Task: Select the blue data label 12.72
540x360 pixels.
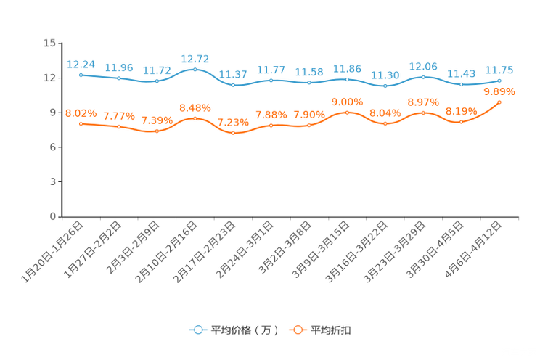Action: (195, 59)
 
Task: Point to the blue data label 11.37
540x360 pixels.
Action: (232, 74)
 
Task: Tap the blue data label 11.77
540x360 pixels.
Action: (271, 70)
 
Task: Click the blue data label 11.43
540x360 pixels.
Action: (461, 73)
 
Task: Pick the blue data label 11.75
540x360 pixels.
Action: (499, 70)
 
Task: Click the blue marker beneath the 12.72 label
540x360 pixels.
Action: (195, 69)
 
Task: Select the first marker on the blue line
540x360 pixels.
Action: (81, 75)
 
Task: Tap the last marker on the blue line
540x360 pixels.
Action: (499, 80)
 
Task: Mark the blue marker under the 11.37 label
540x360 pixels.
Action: (232, 84)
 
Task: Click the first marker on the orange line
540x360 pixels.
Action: (81, 123)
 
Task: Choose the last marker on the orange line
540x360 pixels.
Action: (499, 102)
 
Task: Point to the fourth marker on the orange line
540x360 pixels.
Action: (195, 118)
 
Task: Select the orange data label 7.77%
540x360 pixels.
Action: (118, 116)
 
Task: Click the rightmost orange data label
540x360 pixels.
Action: (499, 92)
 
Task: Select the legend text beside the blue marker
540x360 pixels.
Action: (245, 330)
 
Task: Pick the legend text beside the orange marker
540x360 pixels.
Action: (332, 330)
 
